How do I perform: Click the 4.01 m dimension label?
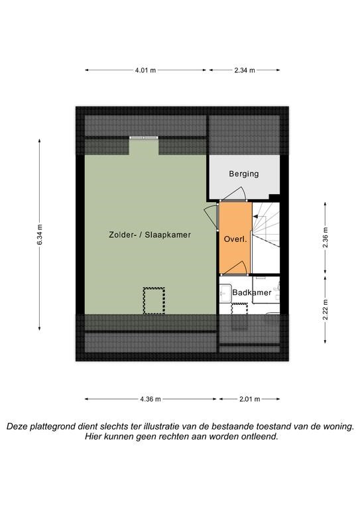click(x=145, y=70)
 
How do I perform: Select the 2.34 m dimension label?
click(x=245, y=70)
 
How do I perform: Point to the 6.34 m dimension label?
click(x=40, y=235)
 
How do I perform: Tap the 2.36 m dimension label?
click(x=326, y=238)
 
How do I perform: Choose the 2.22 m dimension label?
click(x=326, y=310)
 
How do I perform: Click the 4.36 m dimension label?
click(x=150, y=399)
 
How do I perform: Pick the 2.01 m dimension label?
click(x=250, y=399)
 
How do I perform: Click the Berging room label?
click(x=244, y=174)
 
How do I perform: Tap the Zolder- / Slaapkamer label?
click(x=150, y=235)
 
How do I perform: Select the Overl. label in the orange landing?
click(x=235, y=240)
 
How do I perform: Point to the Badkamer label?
click(x=251, y=292)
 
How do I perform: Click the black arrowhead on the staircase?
click(x=255, y=216)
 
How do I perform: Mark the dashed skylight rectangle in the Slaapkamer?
click(x=154, y=301)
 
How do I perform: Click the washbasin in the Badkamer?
click(x=225, y=292)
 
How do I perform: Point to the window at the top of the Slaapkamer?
click(x=144, y=138)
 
